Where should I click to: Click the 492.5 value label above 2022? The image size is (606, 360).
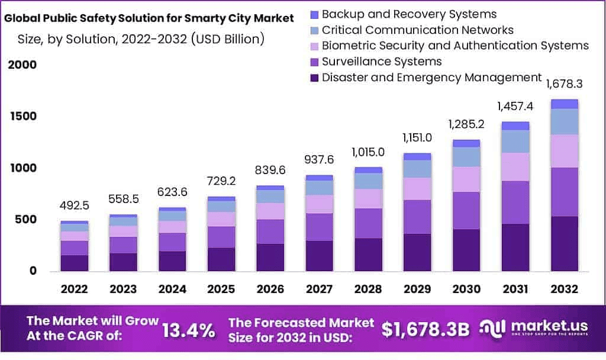pos(75,206)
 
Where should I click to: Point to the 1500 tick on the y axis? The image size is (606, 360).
pos(23,116)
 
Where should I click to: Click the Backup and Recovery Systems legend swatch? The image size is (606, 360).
pos(314,14)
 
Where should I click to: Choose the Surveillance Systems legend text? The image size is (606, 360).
pos(382,62)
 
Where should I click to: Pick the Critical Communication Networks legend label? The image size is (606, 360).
pos(417,30)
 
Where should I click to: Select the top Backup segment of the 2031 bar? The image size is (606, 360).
pos(516,126)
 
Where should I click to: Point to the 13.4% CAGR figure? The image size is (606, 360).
pos(188,330)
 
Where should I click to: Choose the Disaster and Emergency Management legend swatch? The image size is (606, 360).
pos(314,78)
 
